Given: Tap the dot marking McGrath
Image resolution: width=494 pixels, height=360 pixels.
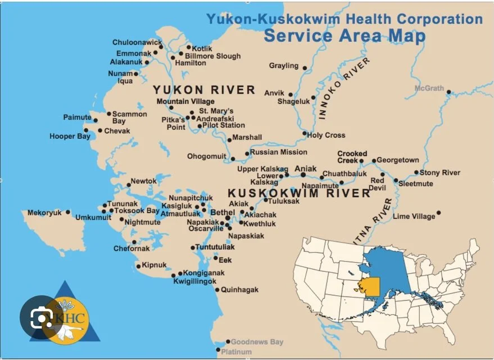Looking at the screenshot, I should point(448,92).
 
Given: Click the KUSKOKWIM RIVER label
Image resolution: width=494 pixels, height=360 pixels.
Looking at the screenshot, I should point(299,193).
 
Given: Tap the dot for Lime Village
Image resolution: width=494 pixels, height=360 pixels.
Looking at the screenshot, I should point(438,213).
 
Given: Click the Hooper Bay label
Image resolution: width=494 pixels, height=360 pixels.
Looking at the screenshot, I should point(69,136).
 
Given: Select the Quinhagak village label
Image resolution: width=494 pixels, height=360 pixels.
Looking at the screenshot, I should point(239,290).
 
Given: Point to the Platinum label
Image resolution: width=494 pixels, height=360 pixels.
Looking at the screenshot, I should point(236,352).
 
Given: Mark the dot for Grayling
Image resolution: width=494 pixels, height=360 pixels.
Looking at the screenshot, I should point(305,68).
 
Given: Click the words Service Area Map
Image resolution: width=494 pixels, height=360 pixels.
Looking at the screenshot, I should point(344,35).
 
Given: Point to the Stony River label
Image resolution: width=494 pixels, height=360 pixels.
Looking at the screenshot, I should point(440,173).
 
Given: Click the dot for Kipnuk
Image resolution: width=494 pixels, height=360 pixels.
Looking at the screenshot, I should point(139,267).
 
